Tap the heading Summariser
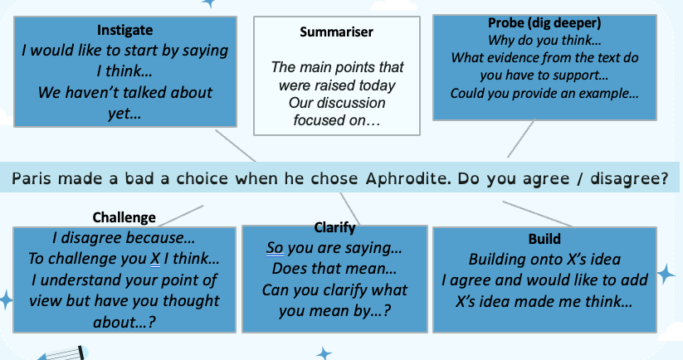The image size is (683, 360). tap(336, 33)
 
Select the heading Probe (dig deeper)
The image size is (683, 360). tap(544, 22)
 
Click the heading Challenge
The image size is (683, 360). tap(124, 217)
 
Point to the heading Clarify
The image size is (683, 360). tap(335, 226)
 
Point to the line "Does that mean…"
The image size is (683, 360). tap(335, 269)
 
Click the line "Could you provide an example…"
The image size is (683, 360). tap(544, 93)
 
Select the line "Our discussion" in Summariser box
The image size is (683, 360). tap(336, 103)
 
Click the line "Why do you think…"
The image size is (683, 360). tap(544, 40)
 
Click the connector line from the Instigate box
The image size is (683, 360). tap(234, 145)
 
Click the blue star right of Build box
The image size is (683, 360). tap(666, 273)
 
